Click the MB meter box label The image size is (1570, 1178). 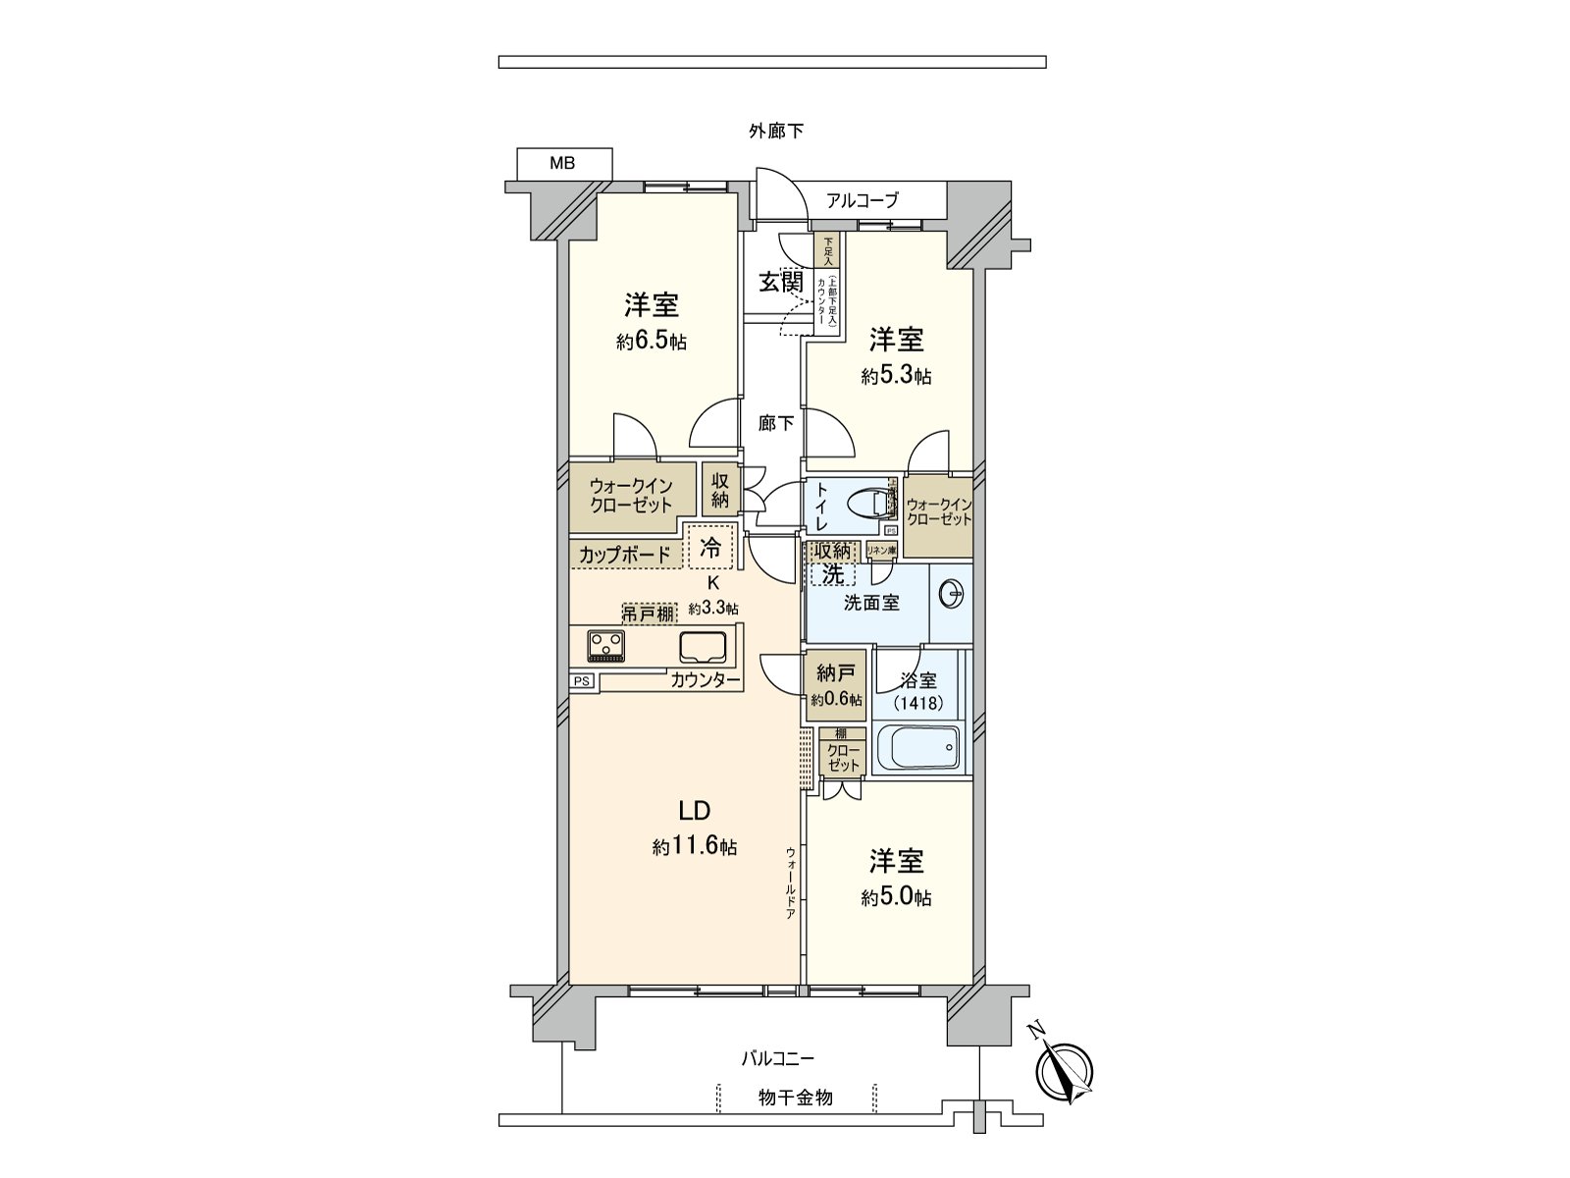[x=563, y=164]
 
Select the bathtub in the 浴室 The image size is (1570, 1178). [x=918, y=750]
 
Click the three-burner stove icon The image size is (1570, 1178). [x=605, y=646]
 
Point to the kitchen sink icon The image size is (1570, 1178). [x=703, y=647]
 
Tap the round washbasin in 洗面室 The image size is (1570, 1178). [x=952, y=594]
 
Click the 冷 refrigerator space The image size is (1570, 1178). [x=710, y=548]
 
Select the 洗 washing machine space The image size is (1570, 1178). [x=831, y=573]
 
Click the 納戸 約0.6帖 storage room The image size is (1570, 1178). [x=836, y=685]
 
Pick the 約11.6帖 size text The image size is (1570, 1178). [x=695, y=847]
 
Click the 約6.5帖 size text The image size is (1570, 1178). [x=652, y=342]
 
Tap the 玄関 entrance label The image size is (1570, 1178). [x=781, y=282]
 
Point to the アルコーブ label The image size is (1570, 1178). [x=863, y=200]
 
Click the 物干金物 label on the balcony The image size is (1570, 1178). [x=796, y=1098]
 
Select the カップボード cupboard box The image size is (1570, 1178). [x=625, y=555]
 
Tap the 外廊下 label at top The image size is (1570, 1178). [x=777, y=131]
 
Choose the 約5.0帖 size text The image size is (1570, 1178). [x=897, y=897]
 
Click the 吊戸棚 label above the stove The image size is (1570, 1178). [x=649, y=615]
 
